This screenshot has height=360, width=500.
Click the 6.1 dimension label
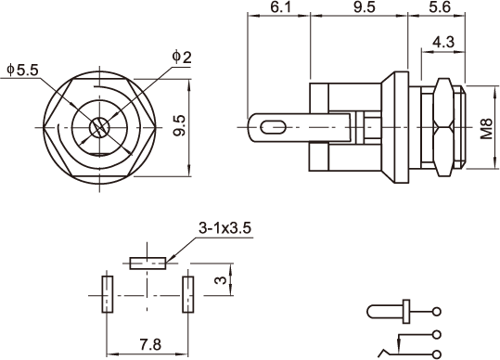(281, 6)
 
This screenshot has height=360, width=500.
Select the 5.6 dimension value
(440, 6)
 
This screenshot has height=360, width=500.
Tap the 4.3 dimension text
(443, 42)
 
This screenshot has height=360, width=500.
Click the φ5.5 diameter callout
(22, 70)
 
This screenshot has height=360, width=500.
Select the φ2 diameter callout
(182, 58)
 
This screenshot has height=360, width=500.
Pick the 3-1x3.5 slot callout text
(224, 228)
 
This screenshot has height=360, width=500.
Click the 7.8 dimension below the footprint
(150, 345)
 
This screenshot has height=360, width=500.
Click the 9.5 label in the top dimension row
(365, 6)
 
